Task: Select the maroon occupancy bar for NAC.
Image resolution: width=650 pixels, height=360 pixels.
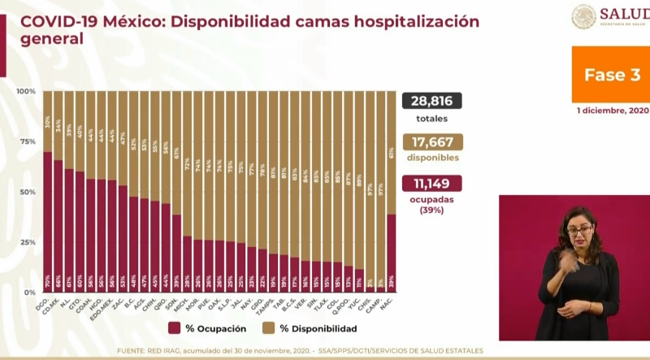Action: (x=392, y=253)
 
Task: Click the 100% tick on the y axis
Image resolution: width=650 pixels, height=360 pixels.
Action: (x=26, y=91)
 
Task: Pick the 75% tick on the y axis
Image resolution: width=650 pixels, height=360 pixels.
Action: (x=28, y=141)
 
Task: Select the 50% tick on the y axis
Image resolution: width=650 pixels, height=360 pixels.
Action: (x=28, y=192)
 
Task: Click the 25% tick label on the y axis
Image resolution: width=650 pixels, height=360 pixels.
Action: (x=28, y=242)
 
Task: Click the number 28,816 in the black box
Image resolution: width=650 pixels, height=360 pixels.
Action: (x=432, y=101)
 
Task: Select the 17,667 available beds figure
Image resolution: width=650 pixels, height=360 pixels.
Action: (x=432, y=141)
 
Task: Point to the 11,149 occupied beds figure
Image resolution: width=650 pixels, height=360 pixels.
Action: (x=432, y=183)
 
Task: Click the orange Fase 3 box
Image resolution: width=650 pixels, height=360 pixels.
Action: (x=611, y=74)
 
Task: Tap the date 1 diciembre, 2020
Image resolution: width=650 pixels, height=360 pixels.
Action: (x=613, y=110)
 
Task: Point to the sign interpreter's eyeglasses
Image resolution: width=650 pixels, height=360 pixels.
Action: (x=578, y=232)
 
